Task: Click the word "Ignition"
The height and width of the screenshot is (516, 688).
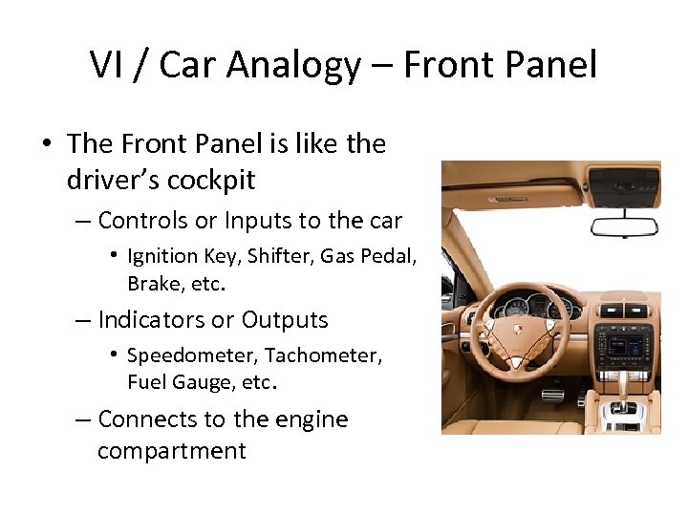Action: (x=163, y=256)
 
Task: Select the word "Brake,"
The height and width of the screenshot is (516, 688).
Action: (x=157, y=284)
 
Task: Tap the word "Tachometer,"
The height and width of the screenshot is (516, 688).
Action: (x=324, y=355)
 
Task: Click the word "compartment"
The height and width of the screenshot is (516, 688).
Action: (x=172, y=451)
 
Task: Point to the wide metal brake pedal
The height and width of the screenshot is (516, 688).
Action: (x=552, y=394)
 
